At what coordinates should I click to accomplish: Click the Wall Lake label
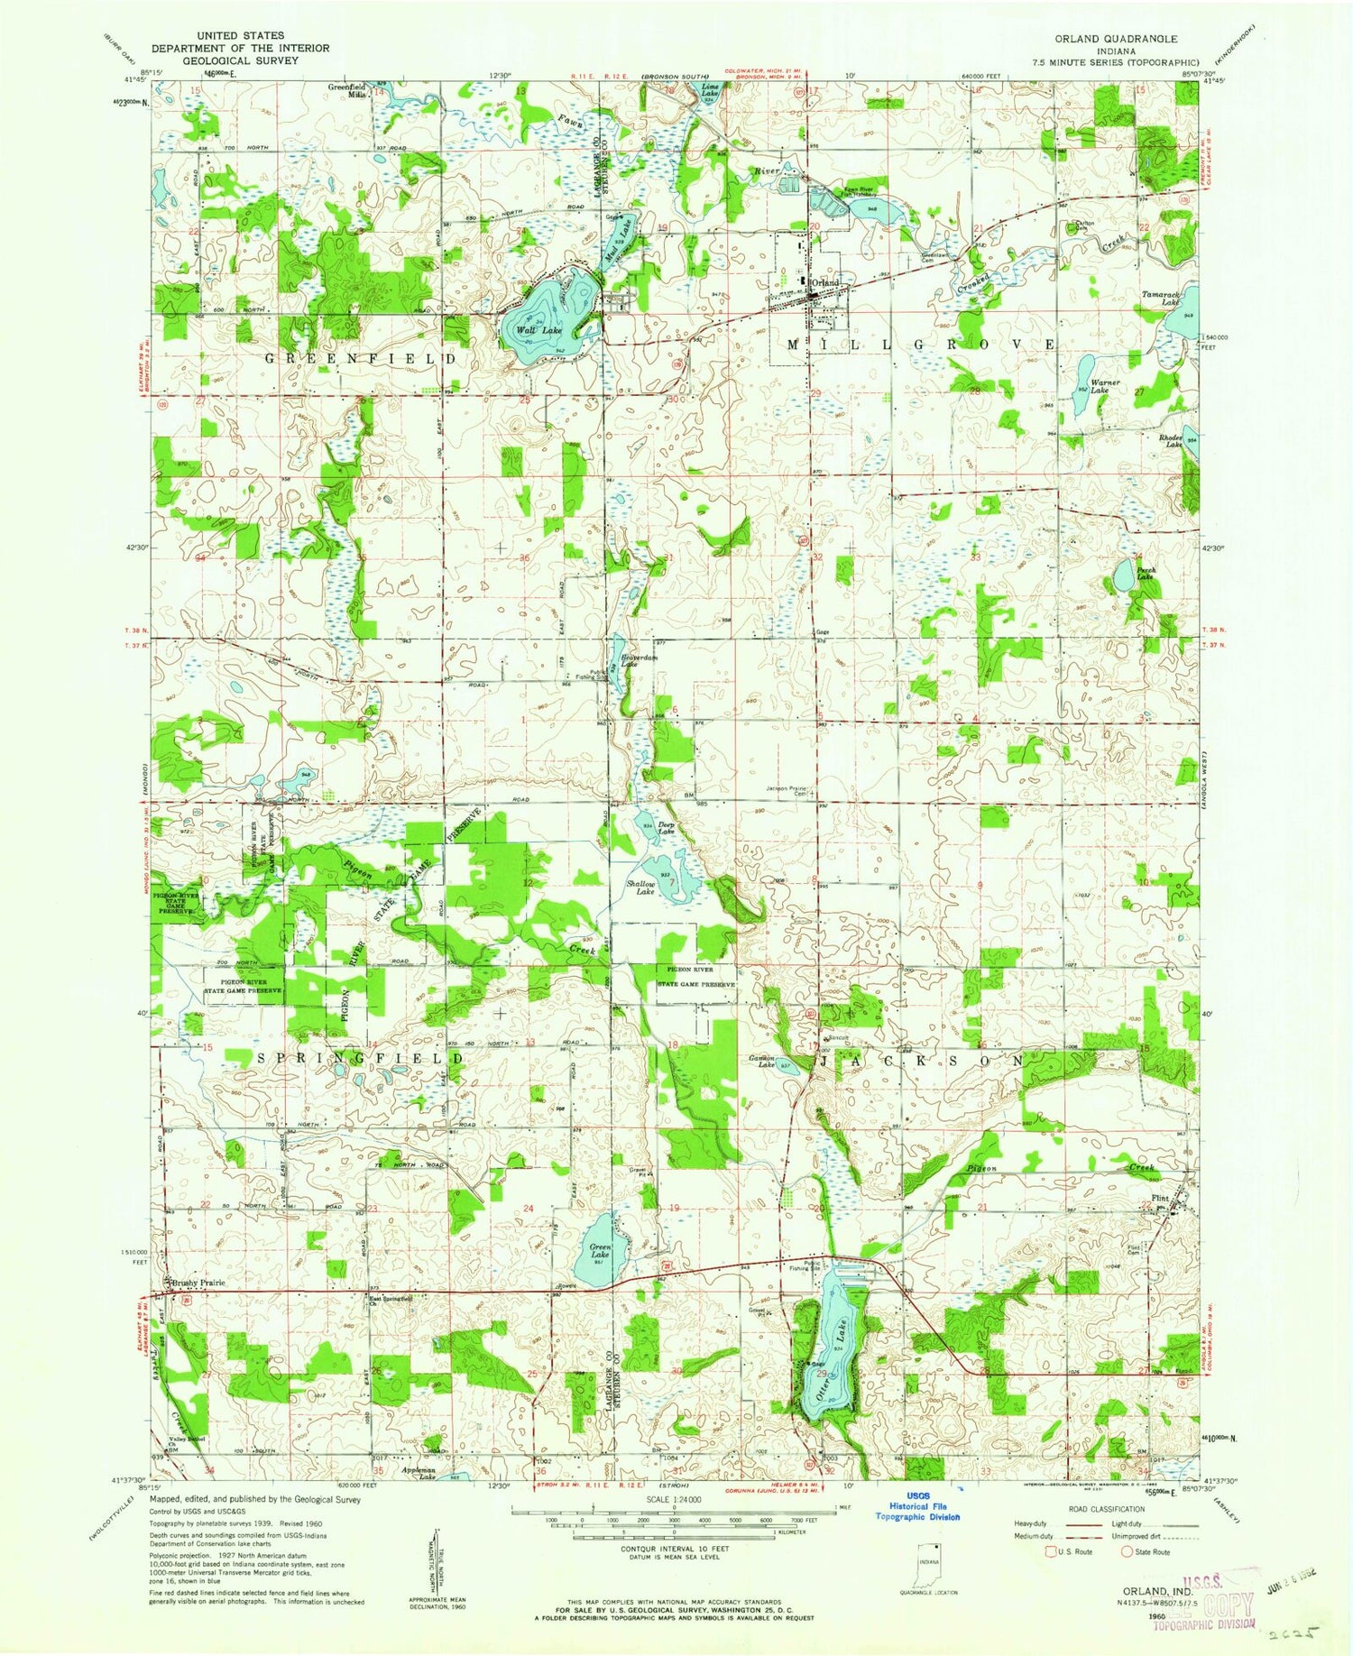tap(538, 331)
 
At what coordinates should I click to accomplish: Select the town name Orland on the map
tap(825, 283)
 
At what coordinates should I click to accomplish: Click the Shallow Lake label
tap(641, 888)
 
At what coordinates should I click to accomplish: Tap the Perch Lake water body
tap(1124, 575)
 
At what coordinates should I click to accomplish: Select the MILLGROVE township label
tap(921, 345)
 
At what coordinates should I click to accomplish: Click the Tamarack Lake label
tap(1159, 299)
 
